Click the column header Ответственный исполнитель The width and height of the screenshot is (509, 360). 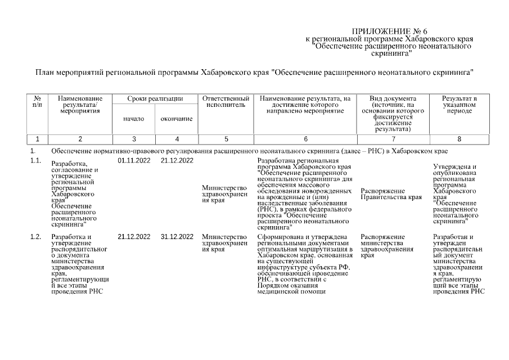226,102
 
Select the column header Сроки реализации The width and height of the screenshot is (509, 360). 155,99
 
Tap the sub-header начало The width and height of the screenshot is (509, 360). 134,119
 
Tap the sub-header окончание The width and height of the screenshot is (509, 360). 177,119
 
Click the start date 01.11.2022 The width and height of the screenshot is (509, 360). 134,161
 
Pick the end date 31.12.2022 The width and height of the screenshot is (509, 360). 177,237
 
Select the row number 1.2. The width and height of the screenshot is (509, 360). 36,237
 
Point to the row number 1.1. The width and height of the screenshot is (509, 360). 36,161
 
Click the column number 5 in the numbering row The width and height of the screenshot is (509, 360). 226,139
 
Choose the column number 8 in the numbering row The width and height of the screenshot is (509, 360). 459,139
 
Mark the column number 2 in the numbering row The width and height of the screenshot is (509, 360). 80,139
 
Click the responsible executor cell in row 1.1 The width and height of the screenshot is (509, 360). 224,194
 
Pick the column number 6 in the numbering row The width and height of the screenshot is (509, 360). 305,139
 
